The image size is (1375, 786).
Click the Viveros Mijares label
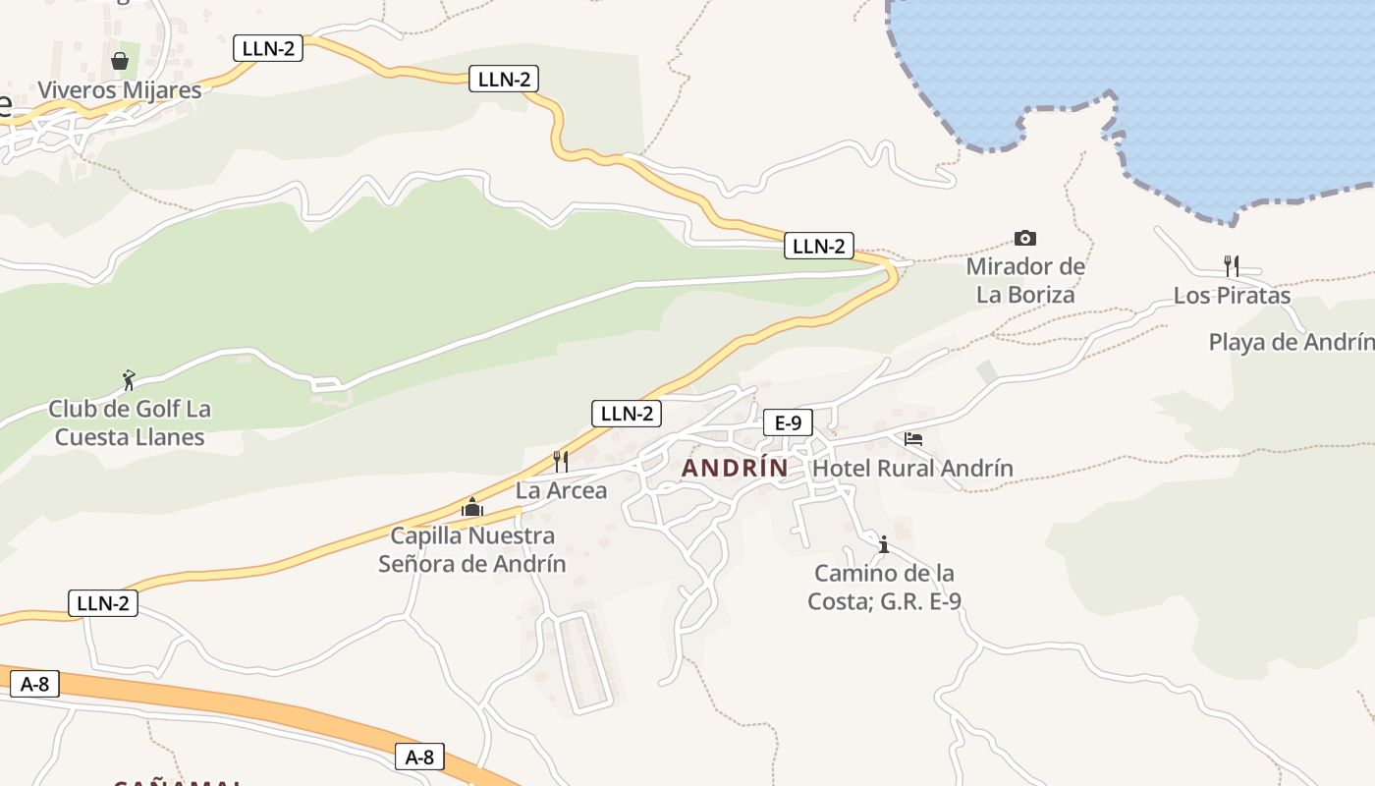click(119, 90)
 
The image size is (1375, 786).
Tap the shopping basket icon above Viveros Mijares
click(120, 61)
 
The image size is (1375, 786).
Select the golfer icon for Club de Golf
click(128, 379)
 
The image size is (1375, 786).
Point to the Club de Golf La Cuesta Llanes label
click(130, 422)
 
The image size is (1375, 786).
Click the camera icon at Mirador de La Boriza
click(1025, 238)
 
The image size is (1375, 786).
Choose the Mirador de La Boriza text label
click(1025, 280)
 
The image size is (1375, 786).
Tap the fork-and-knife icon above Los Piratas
click(1232, 265)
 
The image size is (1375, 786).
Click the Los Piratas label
click(1232, 296)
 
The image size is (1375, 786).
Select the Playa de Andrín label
click(1291, 342)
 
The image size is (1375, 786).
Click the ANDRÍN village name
click(735, 469)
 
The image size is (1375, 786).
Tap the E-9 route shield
click(788, 423)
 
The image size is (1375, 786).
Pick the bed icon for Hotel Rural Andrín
click(913, 439)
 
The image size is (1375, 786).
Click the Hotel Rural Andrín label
click(912, 469)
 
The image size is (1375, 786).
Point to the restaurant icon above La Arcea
click(561, 461)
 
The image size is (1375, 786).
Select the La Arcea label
click(561, 490)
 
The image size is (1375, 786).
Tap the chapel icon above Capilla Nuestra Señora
click(472, 508)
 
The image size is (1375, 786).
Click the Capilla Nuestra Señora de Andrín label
click(472, 549)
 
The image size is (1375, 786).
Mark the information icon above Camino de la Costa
click(883, 544)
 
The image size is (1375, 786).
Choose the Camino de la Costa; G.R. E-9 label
click(883, 587)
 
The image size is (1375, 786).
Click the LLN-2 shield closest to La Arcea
click(626, 414)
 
